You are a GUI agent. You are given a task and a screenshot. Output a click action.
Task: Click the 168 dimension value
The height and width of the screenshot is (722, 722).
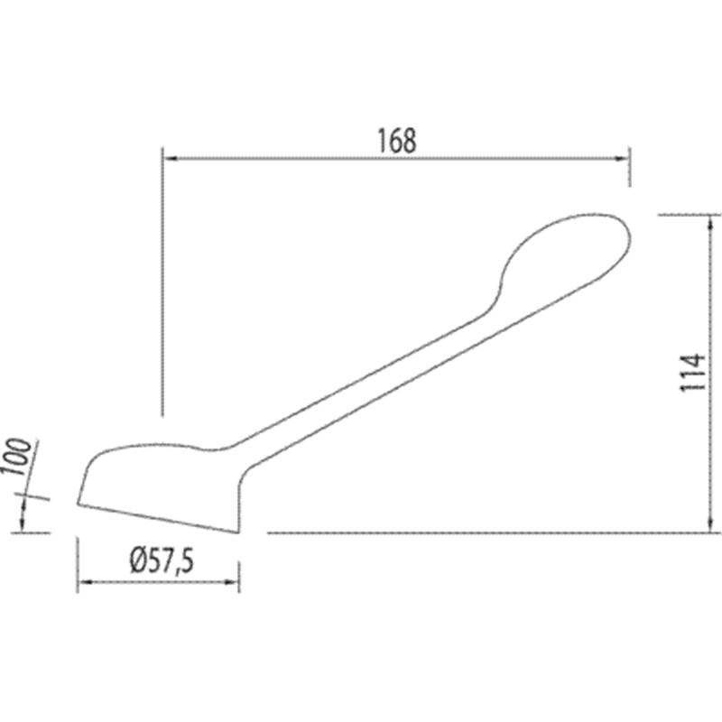click(x=397, y=141)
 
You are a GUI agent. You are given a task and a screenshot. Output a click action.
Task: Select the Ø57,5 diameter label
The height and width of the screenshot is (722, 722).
click(x=162, y=560)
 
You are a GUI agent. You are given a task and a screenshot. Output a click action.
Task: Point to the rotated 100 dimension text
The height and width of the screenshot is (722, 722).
click(x=17, y=457)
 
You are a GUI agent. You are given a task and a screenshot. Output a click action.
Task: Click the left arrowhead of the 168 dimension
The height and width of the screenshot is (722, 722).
click(x=171, y=159)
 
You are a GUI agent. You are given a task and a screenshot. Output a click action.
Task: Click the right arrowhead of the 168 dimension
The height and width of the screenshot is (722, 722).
click(x=622, y=159)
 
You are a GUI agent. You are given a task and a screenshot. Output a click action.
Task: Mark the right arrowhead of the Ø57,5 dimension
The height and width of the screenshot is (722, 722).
click(x=231, y=582)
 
